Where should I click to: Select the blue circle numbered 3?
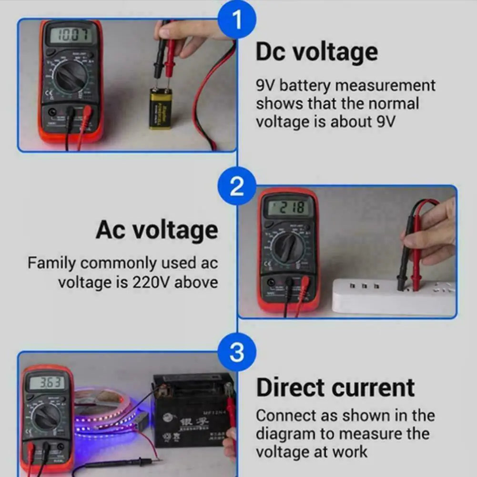(237, 353)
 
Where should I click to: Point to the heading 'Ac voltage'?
(157, 230)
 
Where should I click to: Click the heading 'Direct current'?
(335, 387)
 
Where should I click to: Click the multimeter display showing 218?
(288, 208)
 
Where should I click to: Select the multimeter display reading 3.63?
(46, 383)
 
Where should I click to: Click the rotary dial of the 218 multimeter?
(288, 247)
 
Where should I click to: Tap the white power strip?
(393, 297)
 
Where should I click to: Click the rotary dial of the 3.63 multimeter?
(47, 418)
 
